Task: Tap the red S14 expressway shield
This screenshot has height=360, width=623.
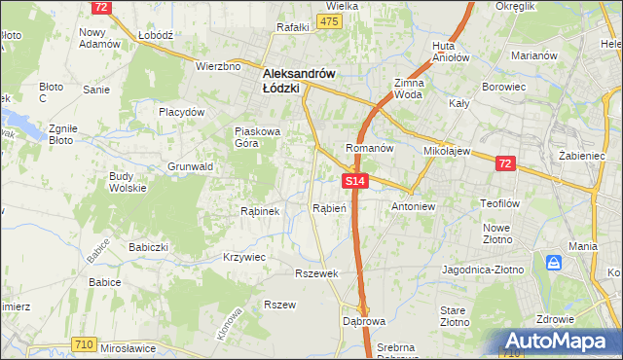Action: pyautogui.click(x=355, y=181)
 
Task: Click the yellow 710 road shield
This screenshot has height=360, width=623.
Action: pyautogui.click(x=84, y=343)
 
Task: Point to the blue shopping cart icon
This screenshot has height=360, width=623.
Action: pyautogui.click(x=554, y=263)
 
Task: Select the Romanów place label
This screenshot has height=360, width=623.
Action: pyautogui.click(x=369, y=149)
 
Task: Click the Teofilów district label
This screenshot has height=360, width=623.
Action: pyautogui.click(x=502, y=204)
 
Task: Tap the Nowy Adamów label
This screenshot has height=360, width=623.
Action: pyautogui.click(x=99, y=38)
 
